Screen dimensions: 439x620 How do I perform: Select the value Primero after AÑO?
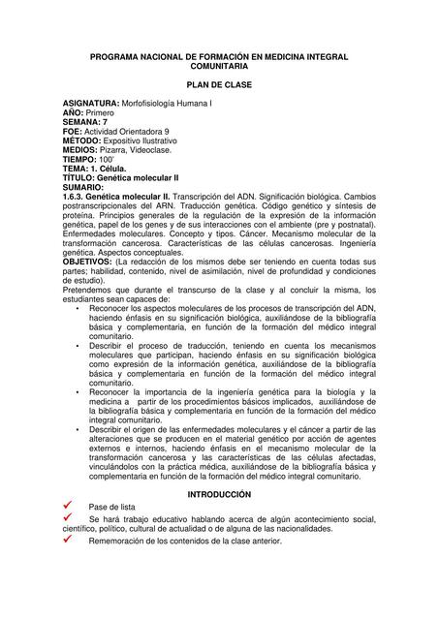[x=99, y=112]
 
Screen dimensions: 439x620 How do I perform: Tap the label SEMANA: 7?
[x=85, y=122]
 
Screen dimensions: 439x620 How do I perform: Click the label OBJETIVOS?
[x=87, y=262]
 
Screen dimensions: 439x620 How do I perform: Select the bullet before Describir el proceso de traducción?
[x=77, y=345]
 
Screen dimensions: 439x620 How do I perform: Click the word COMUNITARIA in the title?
[x=218, y=66]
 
